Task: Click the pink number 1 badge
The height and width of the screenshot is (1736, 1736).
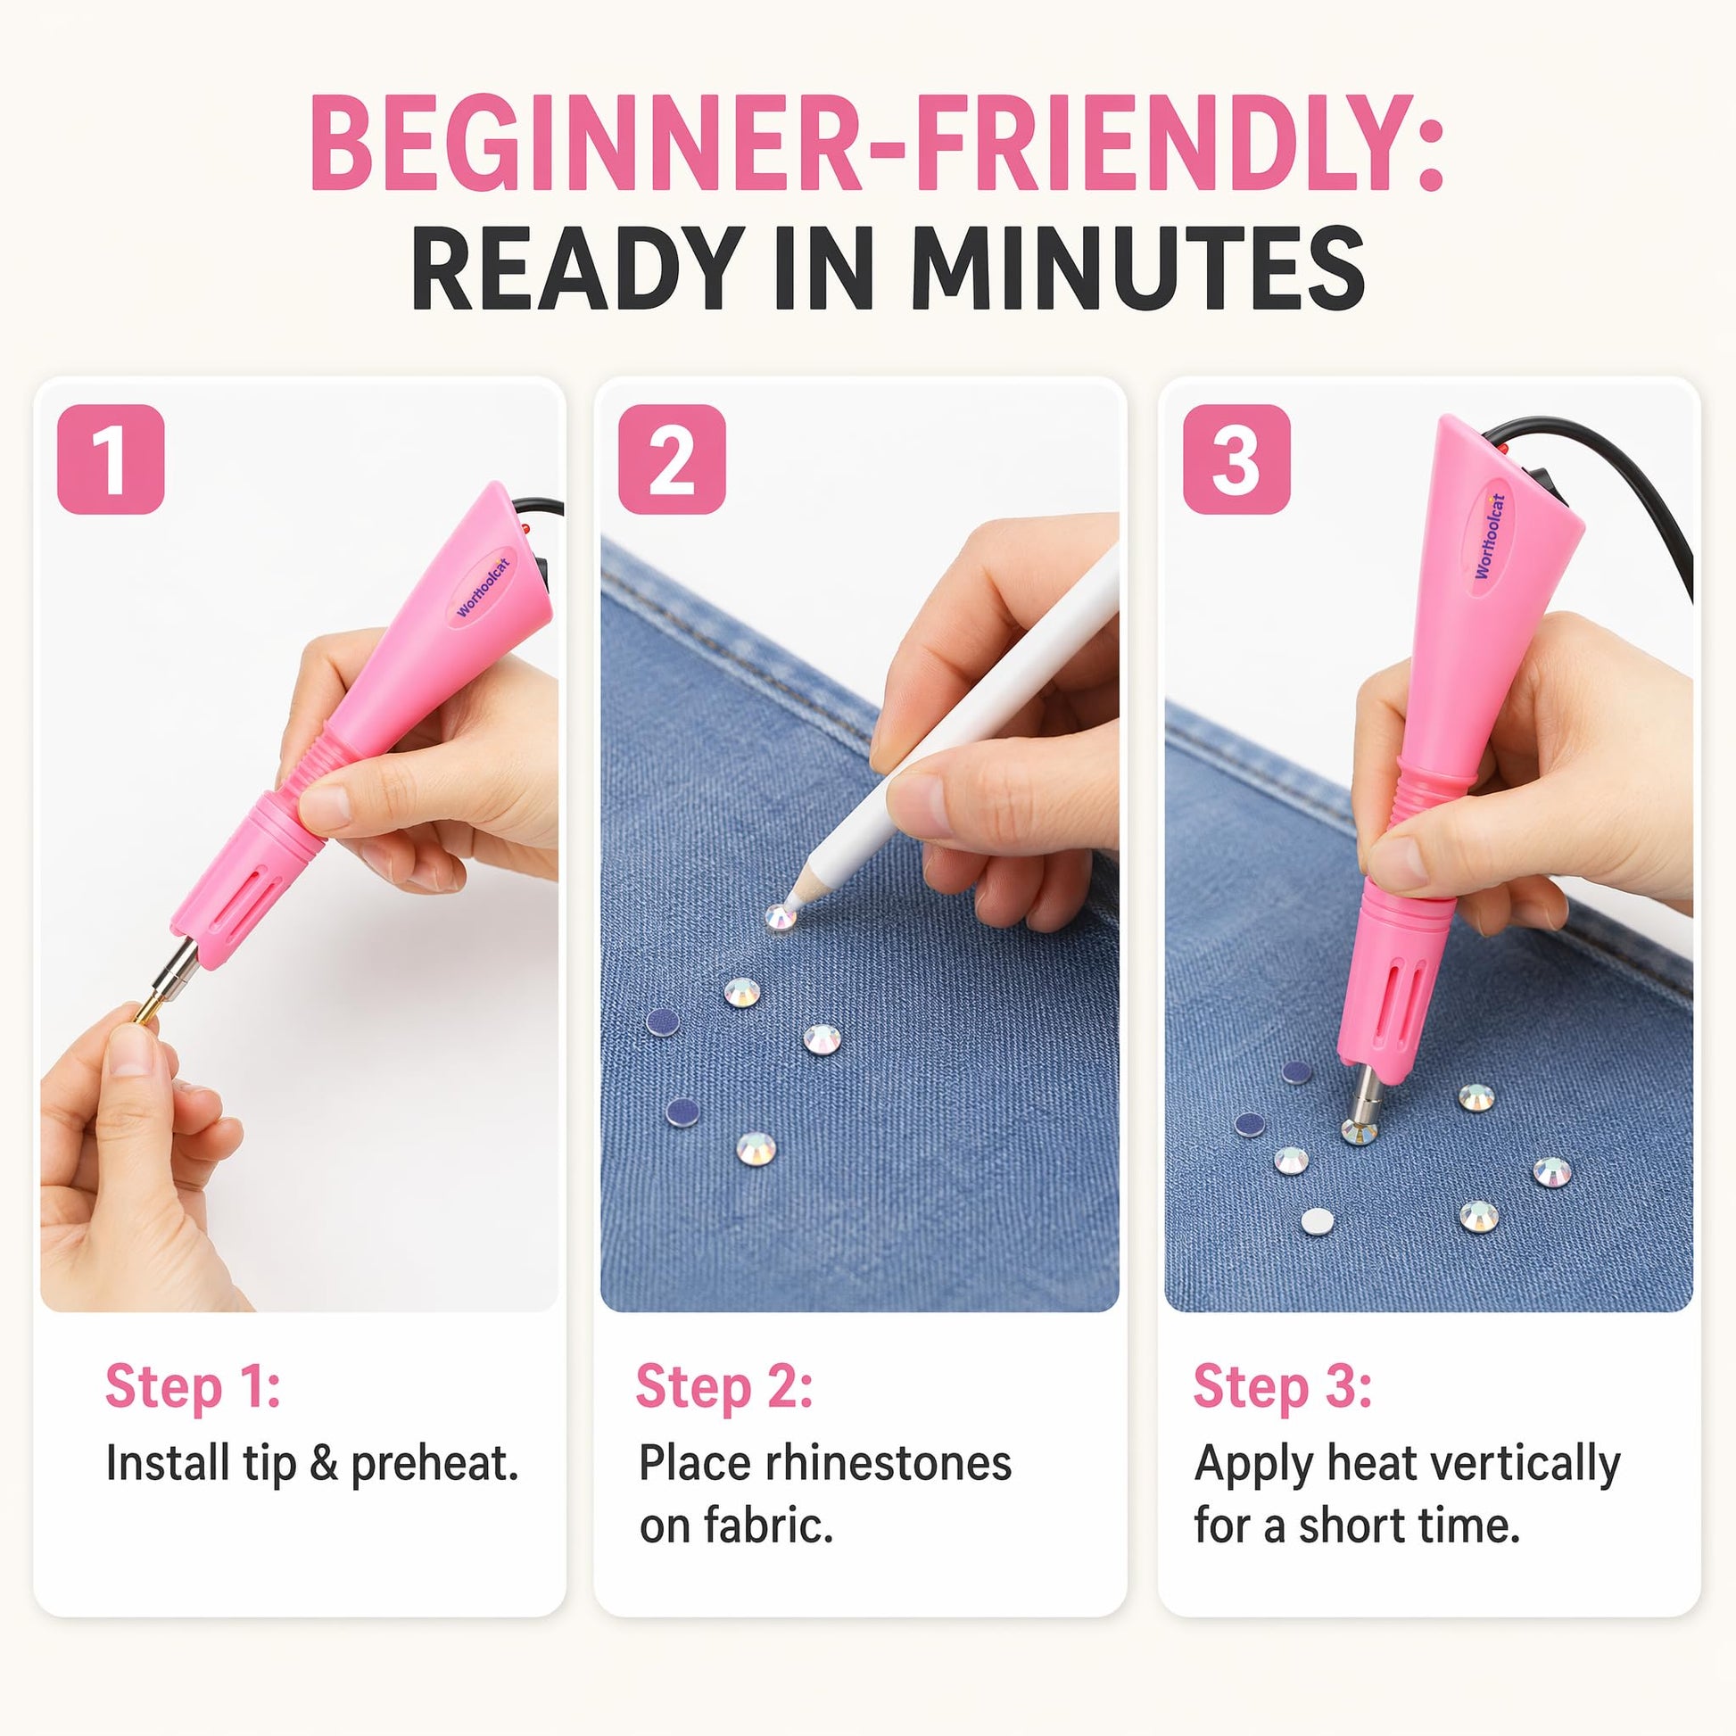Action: pyautogui.click(x=111, y=459)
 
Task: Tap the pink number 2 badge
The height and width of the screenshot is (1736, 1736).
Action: pyautogui.click(x=671, y=459)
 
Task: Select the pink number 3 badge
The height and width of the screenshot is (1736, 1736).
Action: pyautogui.click(x=1236, y=459)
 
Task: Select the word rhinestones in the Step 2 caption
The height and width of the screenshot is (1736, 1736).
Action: pyautogui.click(x=889, y=1464)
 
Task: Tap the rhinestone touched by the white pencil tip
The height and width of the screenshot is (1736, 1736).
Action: pyautogui.click(x=779, y=917)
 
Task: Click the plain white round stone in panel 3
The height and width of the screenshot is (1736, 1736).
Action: pyautogui.click(x=1318, y=1221)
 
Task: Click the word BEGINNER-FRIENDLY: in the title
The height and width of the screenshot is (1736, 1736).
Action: pyautogui.click(x=876, y=143)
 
